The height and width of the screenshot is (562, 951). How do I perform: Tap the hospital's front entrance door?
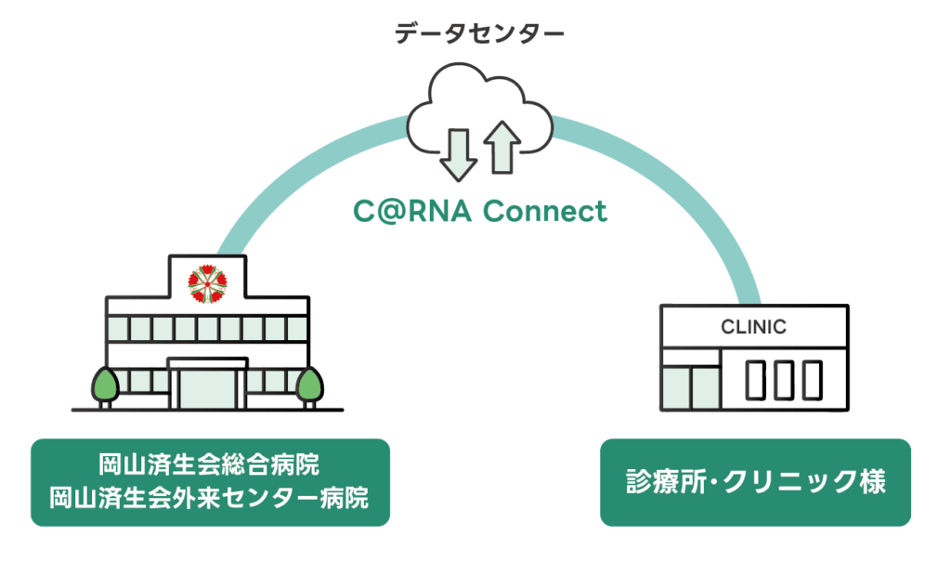(x=206, y=386)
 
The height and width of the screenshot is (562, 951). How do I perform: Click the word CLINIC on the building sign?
(x=753, y=327)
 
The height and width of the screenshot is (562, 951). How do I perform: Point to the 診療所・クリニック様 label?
(x=754, y=483)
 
